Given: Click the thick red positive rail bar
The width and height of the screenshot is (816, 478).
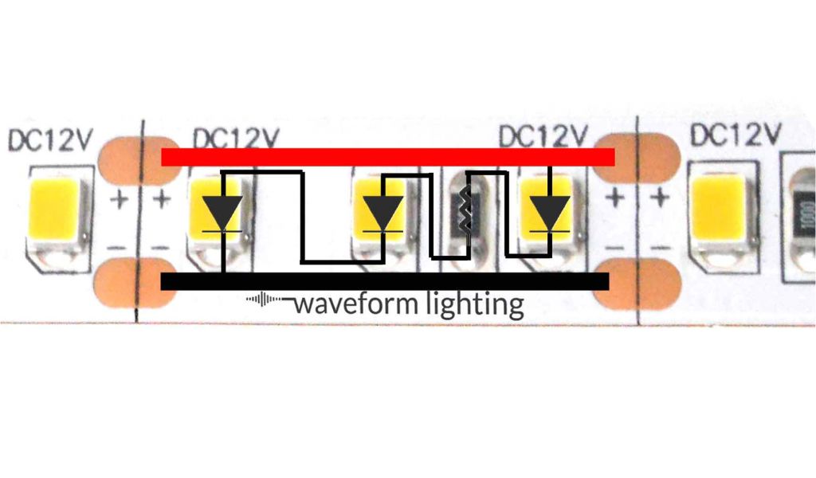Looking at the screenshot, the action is pos(388,157).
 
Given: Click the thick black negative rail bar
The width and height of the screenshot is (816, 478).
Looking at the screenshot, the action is pos(385,281).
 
